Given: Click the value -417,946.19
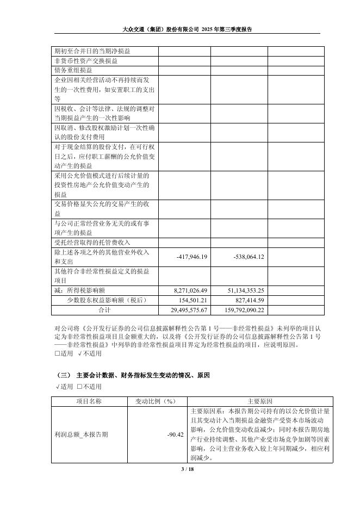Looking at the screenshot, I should click(x=193, y=257).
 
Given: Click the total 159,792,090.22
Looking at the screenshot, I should click(x=239, y=310).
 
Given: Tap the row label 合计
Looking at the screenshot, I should click(x=104, y=310).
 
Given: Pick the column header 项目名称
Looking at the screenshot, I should click(x=89, y=401).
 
